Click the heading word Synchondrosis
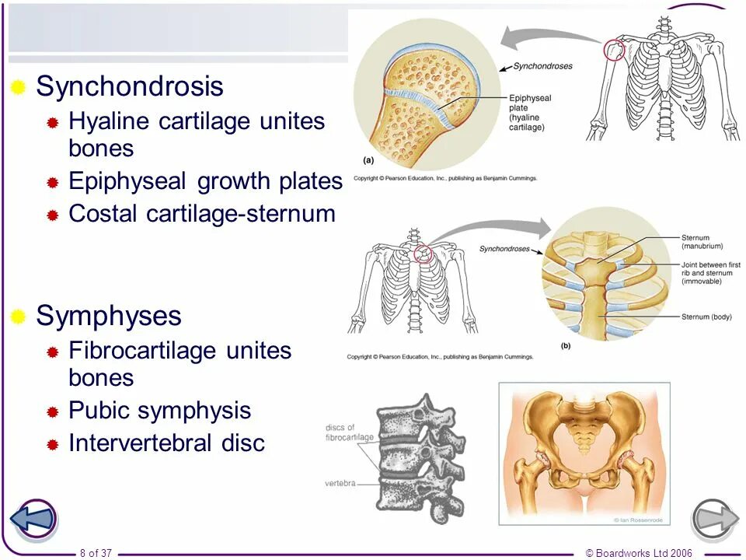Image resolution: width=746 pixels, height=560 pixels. tap(130, 86)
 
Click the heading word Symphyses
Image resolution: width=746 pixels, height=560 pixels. tap(109, 316)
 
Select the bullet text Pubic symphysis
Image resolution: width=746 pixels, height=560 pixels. tap(160, 411)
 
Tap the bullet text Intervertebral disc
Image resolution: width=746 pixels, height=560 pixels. tap(167, 443)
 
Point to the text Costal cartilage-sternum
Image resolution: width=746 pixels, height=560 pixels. tap(202, 214)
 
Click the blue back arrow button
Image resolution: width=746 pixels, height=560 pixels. tap(33, 520)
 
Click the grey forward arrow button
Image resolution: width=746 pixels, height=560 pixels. tap(714, 520)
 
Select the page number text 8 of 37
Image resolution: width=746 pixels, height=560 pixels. tap(96, 553)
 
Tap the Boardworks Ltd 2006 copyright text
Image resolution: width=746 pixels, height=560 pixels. tap(638, 553)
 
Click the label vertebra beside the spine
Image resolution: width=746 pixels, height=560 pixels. tap(340, 483)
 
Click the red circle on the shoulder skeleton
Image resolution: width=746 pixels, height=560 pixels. tap(614, 50)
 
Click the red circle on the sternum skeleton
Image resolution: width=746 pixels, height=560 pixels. tap(424, 254)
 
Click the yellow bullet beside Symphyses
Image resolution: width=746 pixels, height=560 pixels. tap(19, 316)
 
